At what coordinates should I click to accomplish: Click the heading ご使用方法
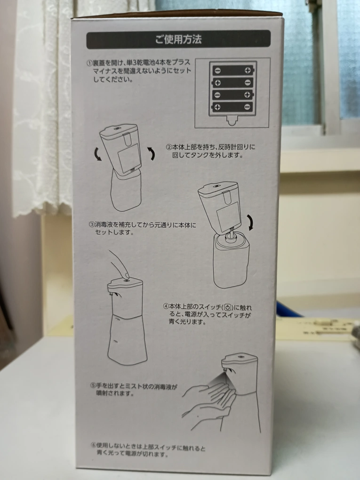[x=178, y=40]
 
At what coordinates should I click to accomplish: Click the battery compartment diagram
[x=232, y=93]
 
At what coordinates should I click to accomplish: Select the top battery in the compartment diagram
[x=232, y=71]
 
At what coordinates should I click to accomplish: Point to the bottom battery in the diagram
[x=232, y=107]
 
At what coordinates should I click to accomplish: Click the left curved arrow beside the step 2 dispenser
[x=98, y=154]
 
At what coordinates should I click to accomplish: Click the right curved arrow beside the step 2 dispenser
[x=151, y=153]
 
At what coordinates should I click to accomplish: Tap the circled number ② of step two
[x=169, y=147]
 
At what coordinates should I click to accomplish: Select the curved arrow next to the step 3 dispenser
[x=251, y=222]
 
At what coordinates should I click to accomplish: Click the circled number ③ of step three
[x=92, y=224]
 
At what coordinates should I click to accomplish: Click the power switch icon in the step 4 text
[x=227, y=307]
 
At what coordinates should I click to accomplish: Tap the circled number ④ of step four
[x=166, y=306]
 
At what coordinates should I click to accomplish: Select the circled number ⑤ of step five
[x=93, y=386]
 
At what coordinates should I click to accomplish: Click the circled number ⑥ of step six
[x=94, y=445]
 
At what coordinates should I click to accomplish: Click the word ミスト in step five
[x=127, y=386]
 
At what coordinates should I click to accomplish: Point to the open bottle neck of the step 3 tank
[x=231, y=236]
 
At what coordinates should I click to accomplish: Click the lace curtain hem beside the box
[x=43, y=208]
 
